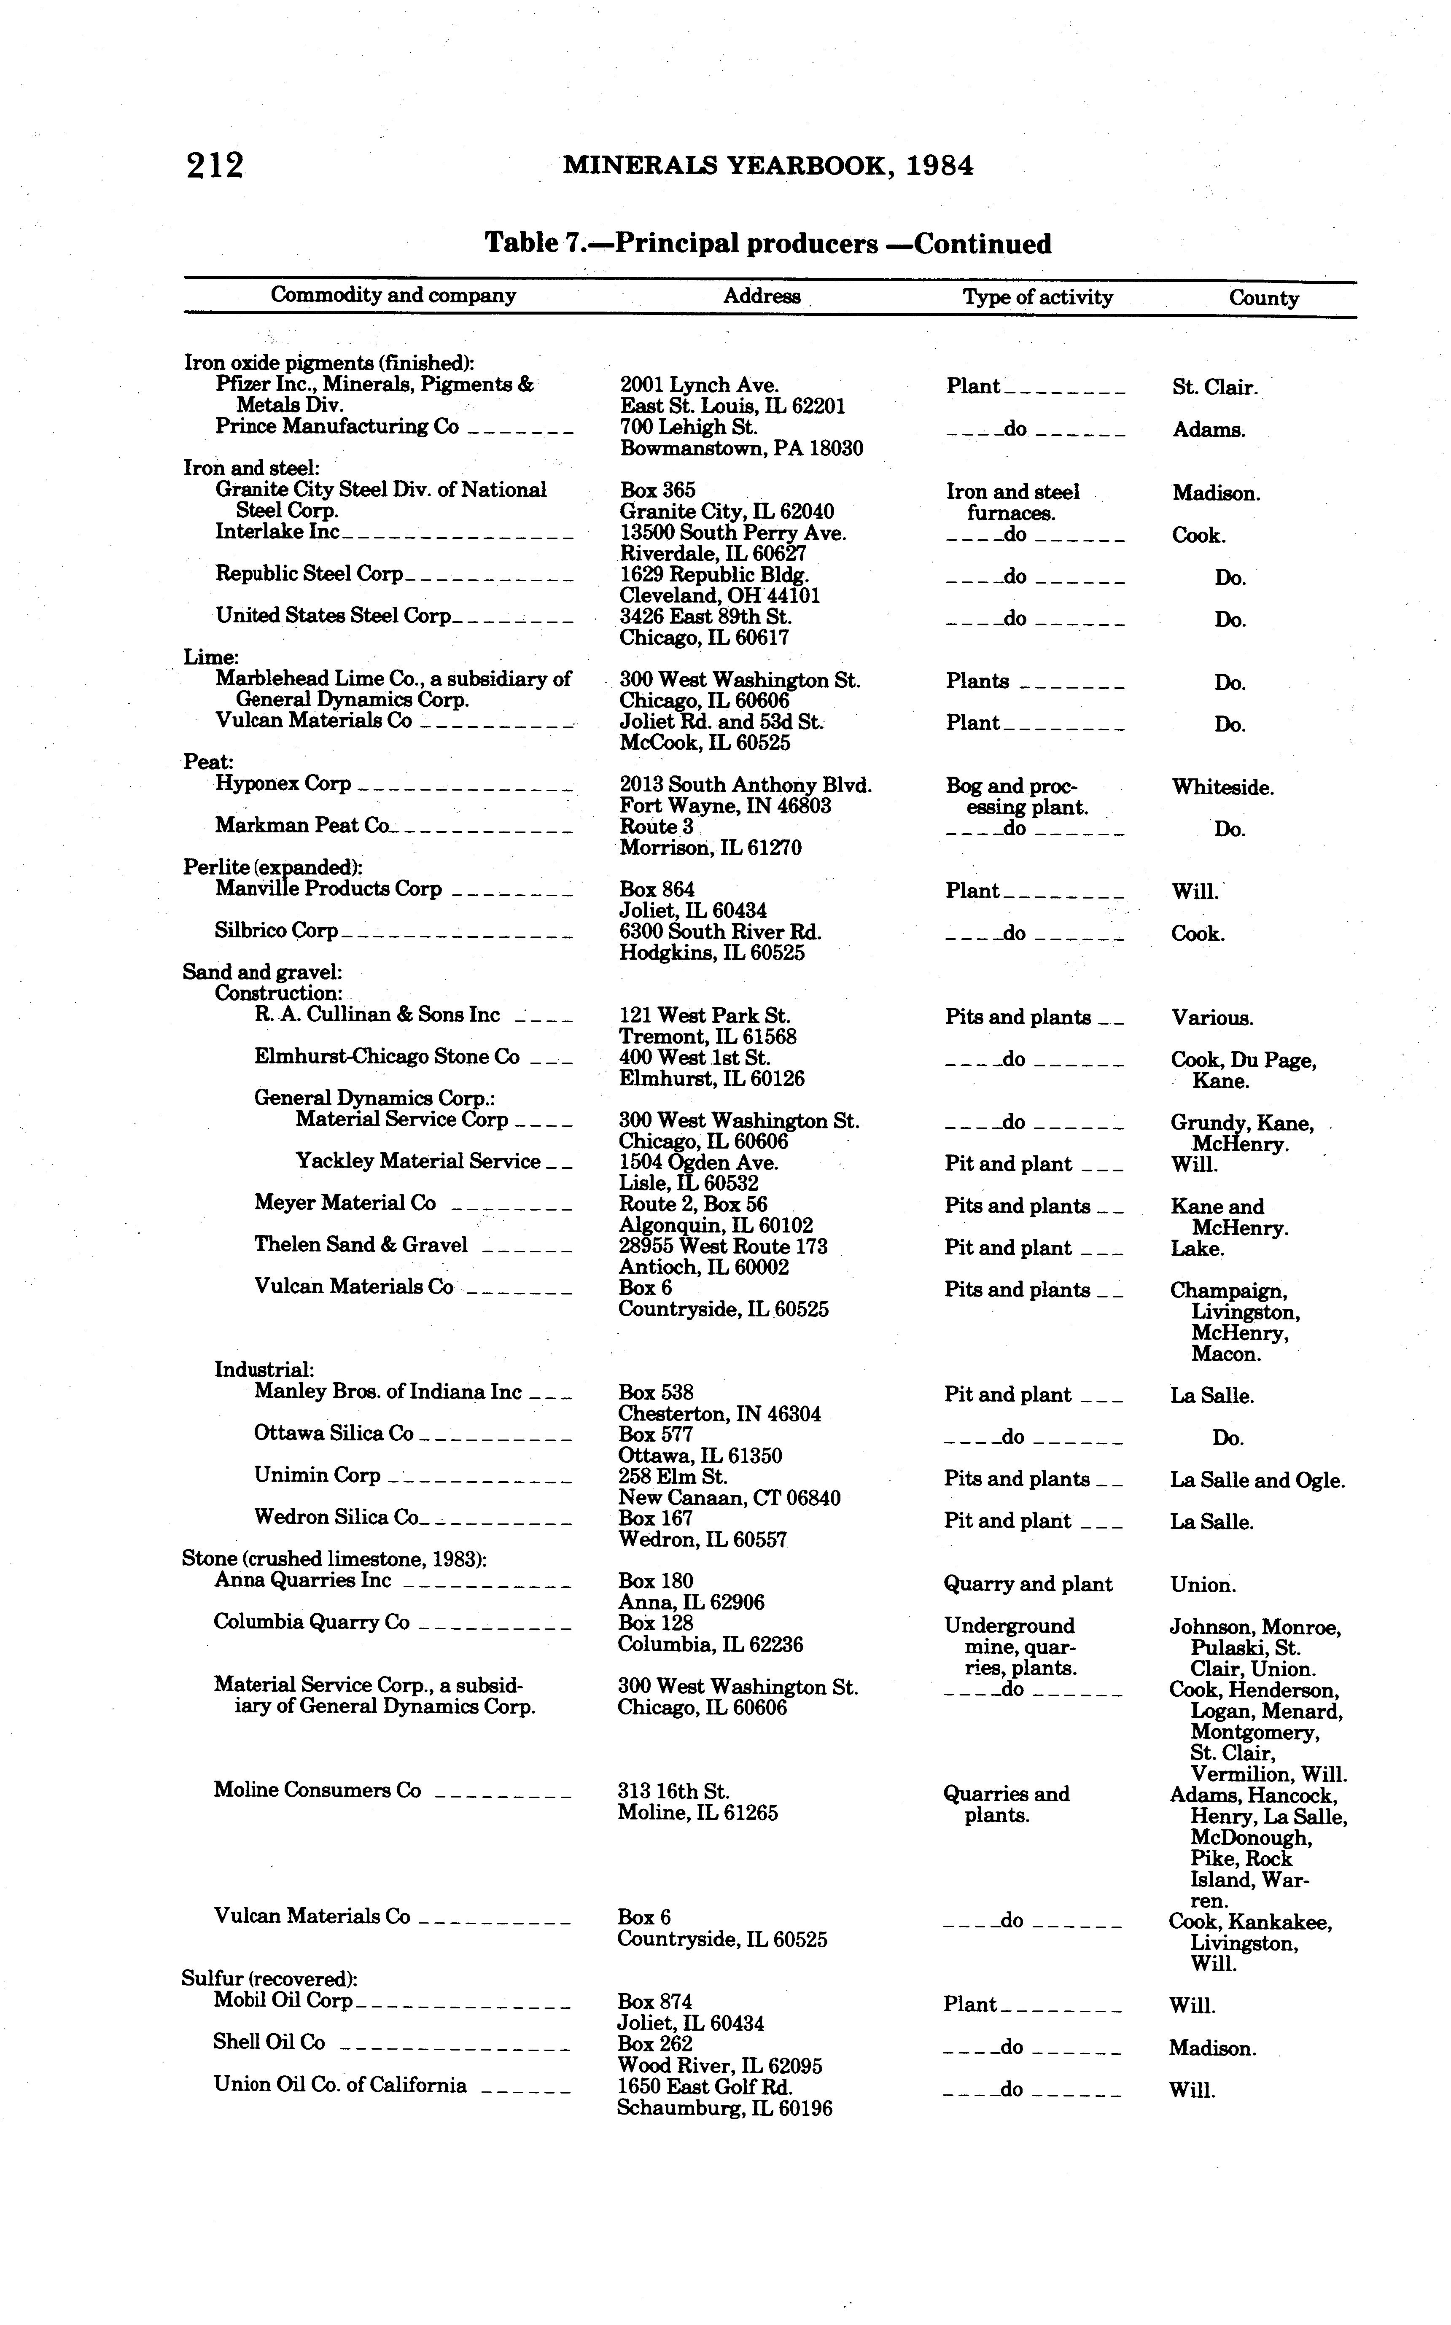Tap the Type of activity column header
click(x=1037, y=297)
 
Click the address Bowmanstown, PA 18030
click(x=741, y=448)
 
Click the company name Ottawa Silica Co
click(x=333, y=1434)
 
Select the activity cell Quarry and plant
click(x=1028, y=1584)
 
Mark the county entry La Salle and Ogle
click(x=1257, y=1480)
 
